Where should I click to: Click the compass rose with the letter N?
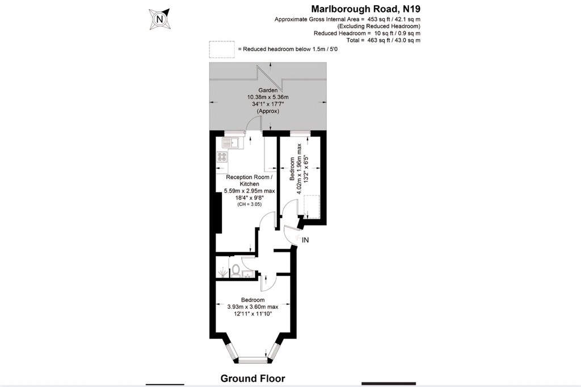pyautogui.click(x=159, y=19)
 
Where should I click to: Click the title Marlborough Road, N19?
pyautogui.click(x=366, y=8)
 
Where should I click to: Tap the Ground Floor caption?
pyautogui.click(x=252, y=379)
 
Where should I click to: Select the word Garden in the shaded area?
pyautogui.click(x=268, y=90)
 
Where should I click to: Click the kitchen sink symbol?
pyautogui.click(x=232, y=143)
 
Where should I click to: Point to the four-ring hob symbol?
pyautogui.click(x=222, y=157)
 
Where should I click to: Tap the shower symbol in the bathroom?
pyautogui.click(x=222, y=273)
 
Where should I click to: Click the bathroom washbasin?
pyautogui.click(x=248, y=274)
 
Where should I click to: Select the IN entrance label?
pyautogui.click(x=305, y=240)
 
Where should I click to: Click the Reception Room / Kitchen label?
pyautogui.click(x=250, y=181)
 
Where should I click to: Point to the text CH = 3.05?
pyautogui.click(x=250, y=204)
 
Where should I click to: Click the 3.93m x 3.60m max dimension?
pyautogui.click(x=252, y=307)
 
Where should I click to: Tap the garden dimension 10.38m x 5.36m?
pyautogui.click(x=268, y=97)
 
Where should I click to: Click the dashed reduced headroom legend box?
pyautogui.click(x=222, y=49)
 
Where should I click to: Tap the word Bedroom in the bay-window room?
pyautogui.click(x=252, y=300)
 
